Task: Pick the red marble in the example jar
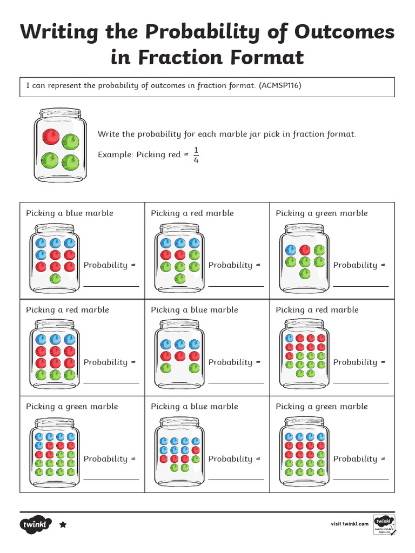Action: [x=51, y=136]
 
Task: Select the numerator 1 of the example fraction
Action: [x=196, y=150]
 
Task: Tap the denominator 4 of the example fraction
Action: [x=196, y=160]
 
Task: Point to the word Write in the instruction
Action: [x=108, y=134]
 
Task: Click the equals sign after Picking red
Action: [x=186, y=154]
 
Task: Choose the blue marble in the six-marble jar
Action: [x=291, y=250]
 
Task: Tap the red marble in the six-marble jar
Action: [x=305, y=249]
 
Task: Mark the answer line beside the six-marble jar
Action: [x=361, y=286]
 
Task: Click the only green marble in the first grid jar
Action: [x=55, y=279]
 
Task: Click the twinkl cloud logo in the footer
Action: [x=36, y=524]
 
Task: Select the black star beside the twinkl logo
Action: [x=63, y=524]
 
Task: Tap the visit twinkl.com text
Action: [x=350, y=524]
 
